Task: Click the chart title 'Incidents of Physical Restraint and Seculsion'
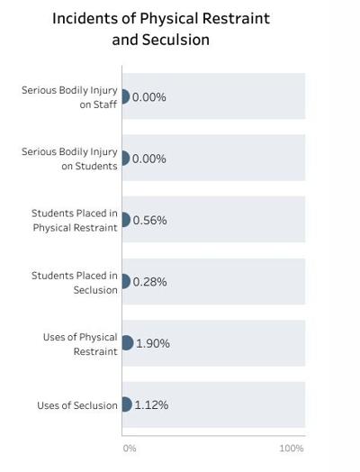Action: pos(160,29)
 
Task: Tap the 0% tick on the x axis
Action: pos(129,448)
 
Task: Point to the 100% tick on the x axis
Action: pos(292,448)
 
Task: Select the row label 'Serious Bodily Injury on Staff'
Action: pos(70,96)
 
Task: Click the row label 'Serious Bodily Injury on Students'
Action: pos(70,159)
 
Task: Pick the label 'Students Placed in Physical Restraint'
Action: pos(75,220)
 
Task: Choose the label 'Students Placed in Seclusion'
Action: pos(75,282)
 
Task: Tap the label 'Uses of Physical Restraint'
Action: pos(80,343)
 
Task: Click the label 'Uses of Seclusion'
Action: pos(77,405)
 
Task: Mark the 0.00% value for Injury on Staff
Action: pos(149,97)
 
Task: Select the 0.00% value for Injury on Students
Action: pos(149,159)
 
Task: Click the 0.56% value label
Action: pos(149,220)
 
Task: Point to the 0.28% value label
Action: pos(149,282)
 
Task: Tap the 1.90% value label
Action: pos(152,343)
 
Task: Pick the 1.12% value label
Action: pos(151,404)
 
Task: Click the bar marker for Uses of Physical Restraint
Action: pos(127,343)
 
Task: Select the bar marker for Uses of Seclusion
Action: pos(126,404)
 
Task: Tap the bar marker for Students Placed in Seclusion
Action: pos(125,282)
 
